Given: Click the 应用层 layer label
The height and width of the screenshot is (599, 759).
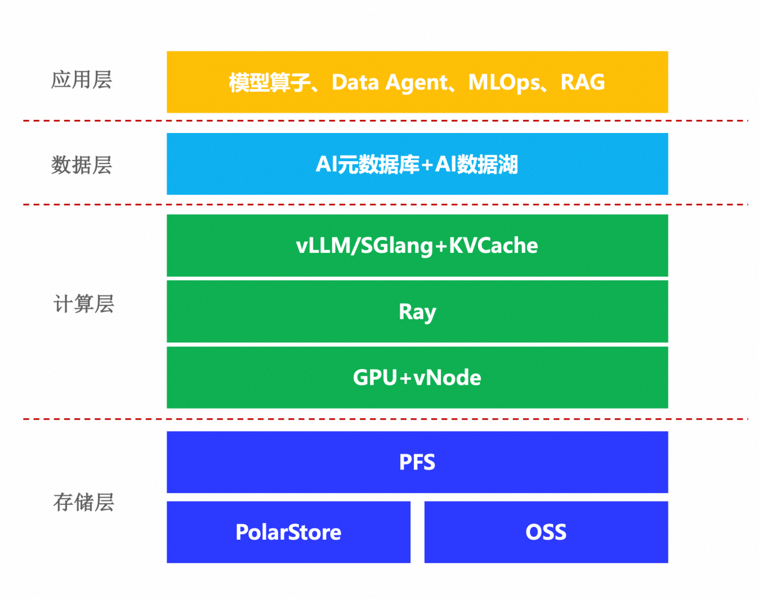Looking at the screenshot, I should point(81,80).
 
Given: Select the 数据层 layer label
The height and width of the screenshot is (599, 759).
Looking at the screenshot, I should point(81,165).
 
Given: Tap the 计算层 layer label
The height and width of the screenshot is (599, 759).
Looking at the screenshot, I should point(84,304).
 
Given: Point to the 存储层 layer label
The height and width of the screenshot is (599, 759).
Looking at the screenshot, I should point(84,502).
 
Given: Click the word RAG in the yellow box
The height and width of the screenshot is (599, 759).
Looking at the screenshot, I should point(582,82).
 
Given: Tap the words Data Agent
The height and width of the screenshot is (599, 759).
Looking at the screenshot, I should point(389,83).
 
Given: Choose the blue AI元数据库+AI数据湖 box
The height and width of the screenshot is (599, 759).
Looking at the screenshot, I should point(417,164).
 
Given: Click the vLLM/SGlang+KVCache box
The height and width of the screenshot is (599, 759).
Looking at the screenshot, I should point(417,246).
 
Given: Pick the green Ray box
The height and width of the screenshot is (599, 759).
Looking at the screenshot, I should point(417,311).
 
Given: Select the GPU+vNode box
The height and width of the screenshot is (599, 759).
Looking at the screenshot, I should point(417,377).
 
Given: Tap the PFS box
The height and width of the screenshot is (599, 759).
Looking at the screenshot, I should point(417,462).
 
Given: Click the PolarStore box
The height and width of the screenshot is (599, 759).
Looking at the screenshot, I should point(288,532).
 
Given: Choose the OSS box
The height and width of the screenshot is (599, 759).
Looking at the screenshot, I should point(546,532).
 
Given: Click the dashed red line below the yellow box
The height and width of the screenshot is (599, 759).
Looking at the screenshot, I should point(383,121).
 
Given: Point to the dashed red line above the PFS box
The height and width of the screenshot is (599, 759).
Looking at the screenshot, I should point(383,419).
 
